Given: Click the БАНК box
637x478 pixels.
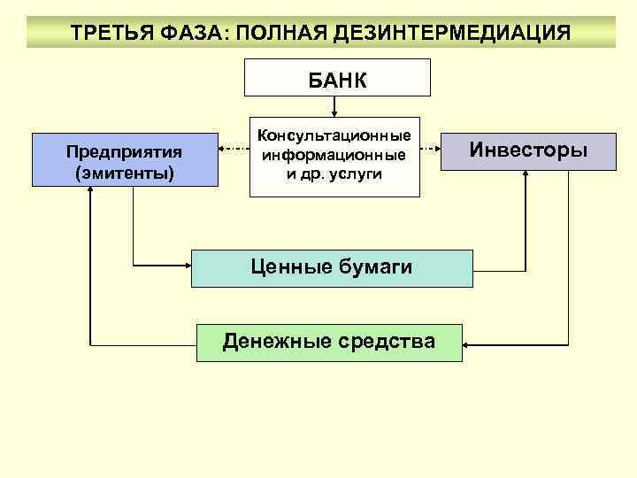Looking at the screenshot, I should (337, 78).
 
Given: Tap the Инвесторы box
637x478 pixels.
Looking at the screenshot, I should (528, 150).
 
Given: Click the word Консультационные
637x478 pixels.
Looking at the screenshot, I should (334, 136).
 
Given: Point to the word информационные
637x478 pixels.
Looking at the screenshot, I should (334, 155).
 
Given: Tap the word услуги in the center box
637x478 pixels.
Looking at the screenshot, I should (354, 173).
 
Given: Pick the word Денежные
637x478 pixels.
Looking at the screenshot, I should (272, 342).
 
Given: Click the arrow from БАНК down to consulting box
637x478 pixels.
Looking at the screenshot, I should (334, 106).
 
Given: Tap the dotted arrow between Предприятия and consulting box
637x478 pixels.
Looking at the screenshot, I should (234, 150).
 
